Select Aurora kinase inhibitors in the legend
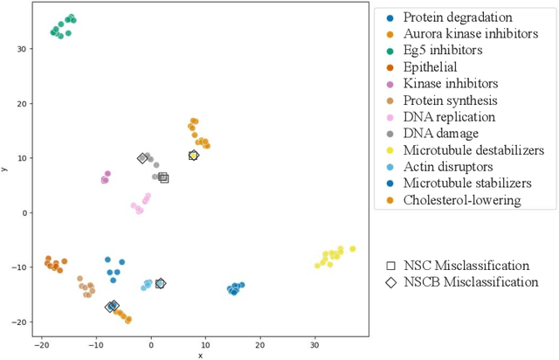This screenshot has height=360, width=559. [468, 34]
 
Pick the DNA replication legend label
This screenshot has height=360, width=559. [449, 117]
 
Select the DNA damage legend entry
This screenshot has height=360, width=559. [440, 134]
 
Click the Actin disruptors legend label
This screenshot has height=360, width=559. [447, 167]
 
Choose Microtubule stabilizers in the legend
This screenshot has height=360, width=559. [466, 183]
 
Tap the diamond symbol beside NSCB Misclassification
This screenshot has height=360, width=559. [390, 282]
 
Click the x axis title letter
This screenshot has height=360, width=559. [200, 355]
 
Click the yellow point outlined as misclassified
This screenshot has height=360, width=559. [193, 156]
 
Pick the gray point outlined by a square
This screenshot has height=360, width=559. [163, 177]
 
